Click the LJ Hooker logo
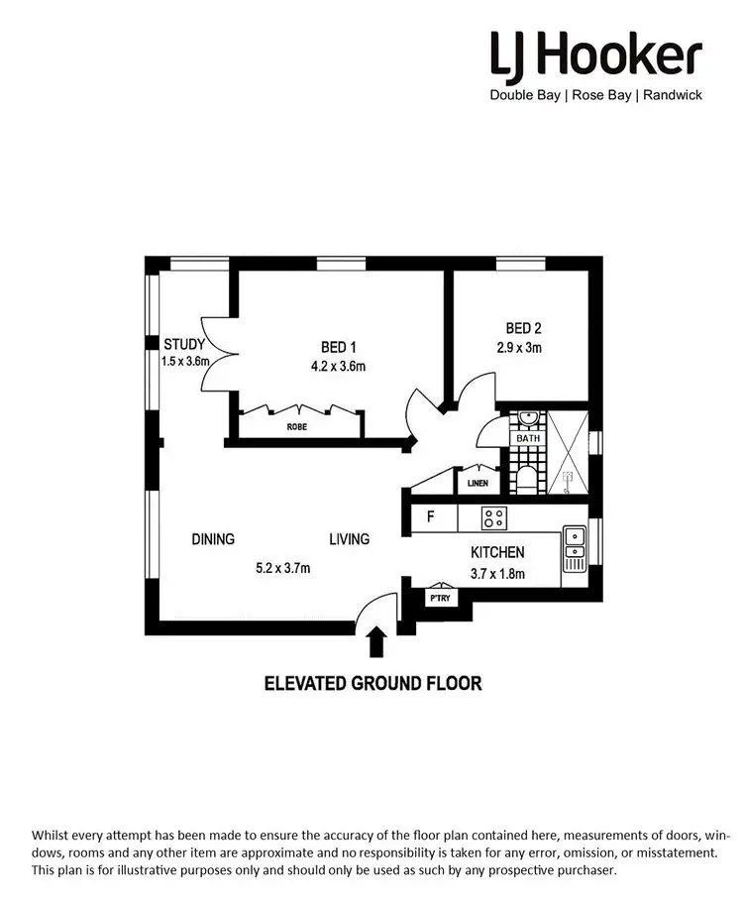click(596, 55)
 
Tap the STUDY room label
click(184, 345)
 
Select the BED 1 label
click(338, 347)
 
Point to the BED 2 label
click(523, 329)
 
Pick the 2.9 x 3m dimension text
click(519, 348)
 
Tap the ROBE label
click(297, 427)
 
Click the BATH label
click(527, 437)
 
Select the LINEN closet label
click(478, 484)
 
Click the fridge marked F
click(431, 516)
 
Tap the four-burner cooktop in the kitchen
click(493, 517)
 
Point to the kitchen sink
click(574, 548)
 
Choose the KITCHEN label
click(497, 552)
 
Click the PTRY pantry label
click(439, 599)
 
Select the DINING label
click(213, 539)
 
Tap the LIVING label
click(349, 539)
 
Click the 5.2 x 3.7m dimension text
click(283, 568)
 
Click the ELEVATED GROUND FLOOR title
click(371, 683)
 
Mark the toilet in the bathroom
click(528, 480)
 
